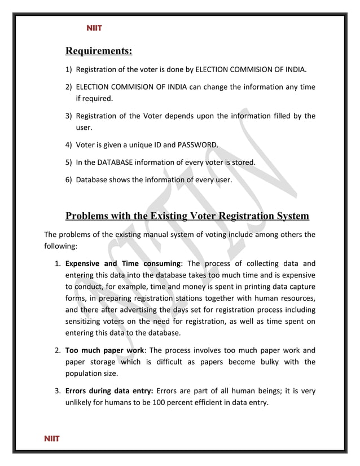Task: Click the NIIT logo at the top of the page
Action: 94,28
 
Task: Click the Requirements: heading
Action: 99,52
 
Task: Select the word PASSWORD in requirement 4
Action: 197,144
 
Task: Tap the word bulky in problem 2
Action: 264,362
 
